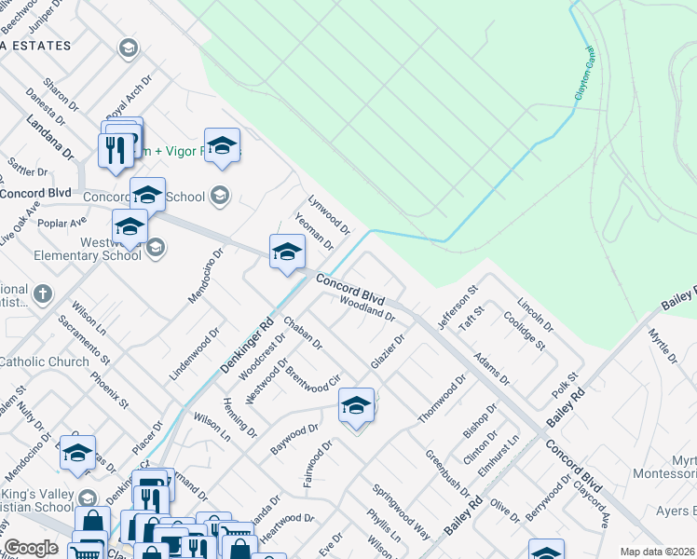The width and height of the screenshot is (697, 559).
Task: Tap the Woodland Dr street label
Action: tap(369, 307)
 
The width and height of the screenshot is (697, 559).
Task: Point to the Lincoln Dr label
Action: tap(535, 316)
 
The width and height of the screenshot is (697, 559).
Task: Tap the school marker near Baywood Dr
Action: tap(355, 406)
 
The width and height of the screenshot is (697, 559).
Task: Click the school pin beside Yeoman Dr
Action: tap(287, 252)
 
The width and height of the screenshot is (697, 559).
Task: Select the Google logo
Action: tap(31, 548)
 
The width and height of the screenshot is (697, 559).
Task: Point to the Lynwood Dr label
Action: tap(329, 214)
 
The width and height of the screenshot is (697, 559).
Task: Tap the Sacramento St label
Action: tap(84, 338)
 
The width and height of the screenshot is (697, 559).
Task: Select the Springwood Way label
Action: tap(402, 511)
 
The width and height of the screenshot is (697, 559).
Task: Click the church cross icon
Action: tap(42, 294)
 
